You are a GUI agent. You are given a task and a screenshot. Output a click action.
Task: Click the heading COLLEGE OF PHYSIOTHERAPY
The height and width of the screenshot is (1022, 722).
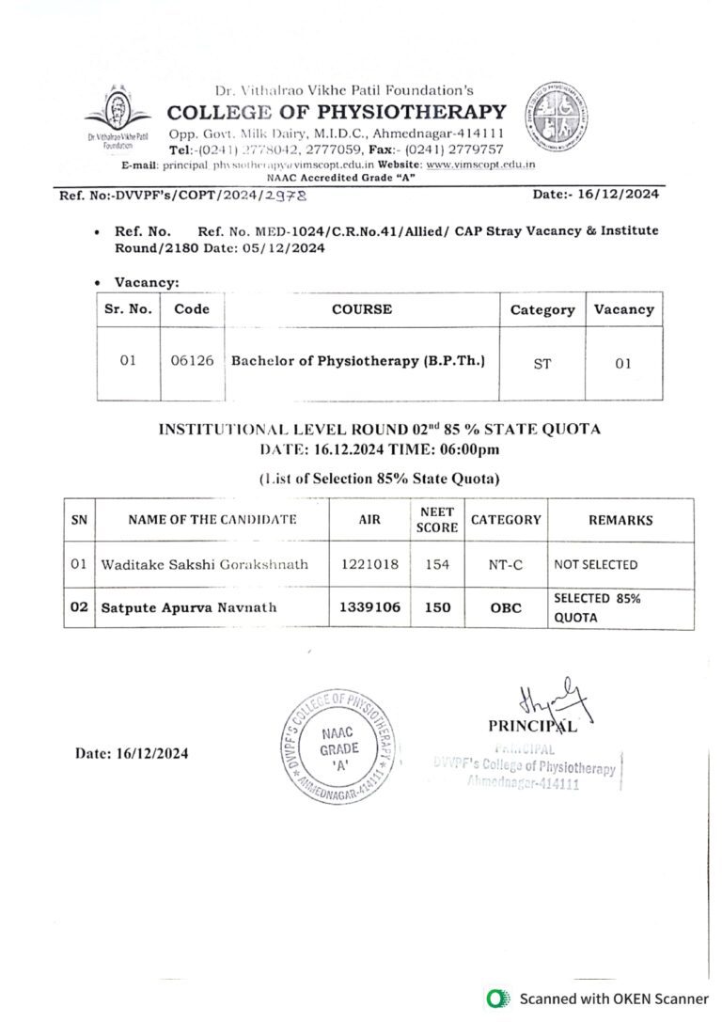coord(337,112)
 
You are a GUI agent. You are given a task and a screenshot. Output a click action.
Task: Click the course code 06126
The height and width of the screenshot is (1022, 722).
coord(192,362)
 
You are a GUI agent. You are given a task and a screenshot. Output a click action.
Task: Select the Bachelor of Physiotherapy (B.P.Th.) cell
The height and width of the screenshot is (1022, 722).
coord(358,361)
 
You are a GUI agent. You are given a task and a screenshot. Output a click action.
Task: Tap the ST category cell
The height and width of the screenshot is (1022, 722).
coord(541,363)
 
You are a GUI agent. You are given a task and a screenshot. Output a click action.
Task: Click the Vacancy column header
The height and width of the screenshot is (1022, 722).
coord(623,309)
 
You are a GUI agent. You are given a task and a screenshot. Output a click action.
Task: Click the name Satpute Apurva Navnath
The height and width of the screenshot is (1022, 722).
coord(189,607)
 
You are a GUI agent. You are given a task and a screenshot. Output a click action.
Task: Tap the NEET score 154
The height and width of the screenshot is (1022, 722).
coord(436,565)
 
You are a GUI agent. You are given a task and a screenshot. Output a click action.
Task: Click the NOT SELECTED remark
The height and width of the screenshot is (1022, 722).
coord(595,565)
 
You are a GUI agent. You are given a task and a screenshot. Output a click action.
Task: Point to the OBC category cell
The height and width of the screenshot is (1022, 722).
coord(505,607)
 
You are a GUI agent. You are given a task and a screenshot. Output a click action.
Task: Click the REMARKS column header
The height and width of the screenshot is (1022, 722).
coord(620,520)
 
